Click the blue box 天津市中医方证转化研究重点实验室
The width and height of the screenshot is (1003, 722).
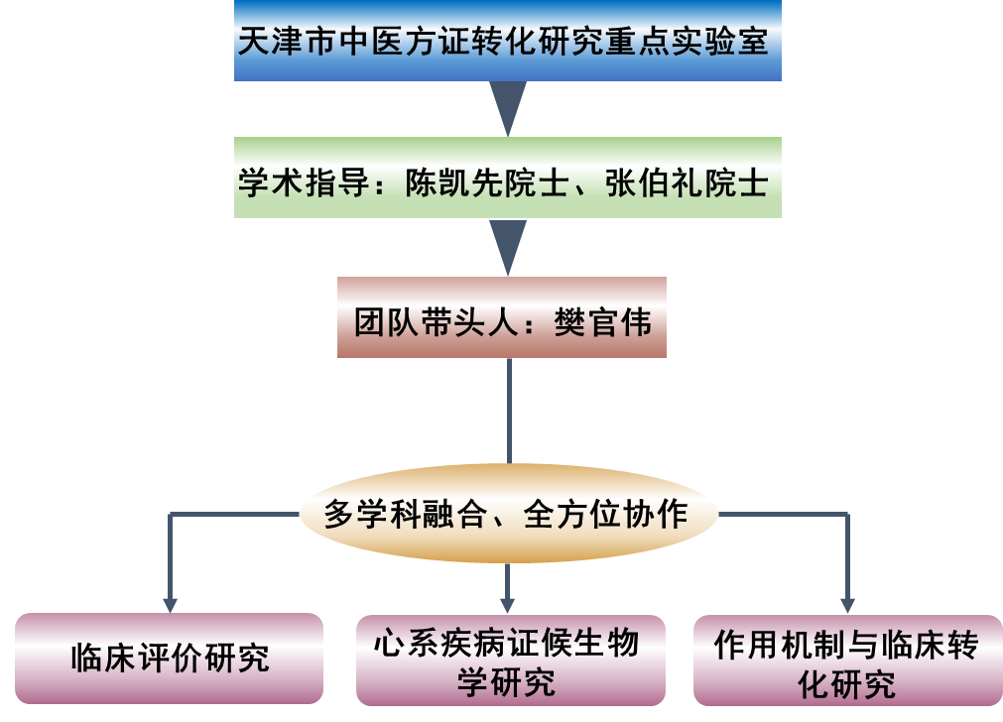click(507, 42)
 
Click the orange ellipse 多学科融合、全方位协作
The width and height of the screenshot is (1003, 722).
click(507, 515)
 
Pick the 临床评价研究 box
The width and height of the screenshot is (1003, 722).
click(170, 658)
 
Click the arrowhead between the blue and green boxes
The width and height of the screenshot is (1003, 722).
click(508, 107)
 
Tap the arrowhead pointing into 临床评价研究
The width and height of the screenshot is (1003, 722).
click(170, 604)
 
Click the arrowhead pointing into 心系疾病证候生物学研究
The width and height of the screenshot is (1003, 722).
click(508, 604)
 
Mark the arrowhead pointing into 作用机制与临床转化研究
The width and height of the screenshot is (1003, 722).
click(846, 604)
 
